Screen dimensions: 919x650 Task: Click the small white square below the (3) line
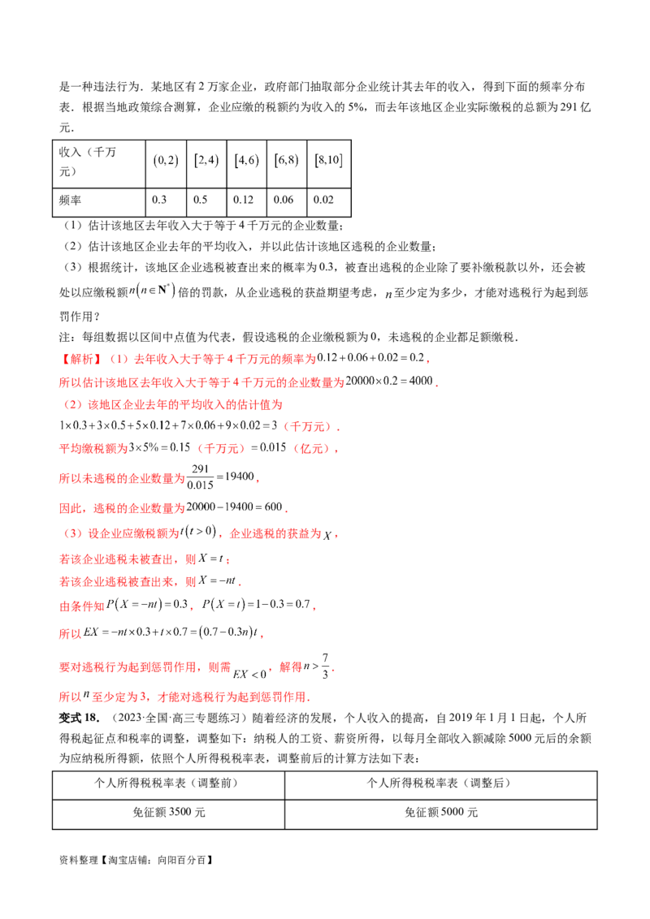pos(192,541)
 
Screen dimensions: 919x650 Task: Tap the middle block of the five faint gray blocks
pos(248,162)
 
